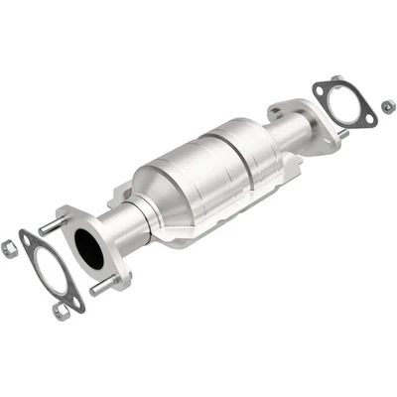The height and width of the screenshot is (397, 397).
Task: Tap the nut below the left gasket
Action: coord(63,311)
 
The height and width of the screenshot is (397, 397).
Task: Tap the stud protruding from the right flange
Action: coord(340,132)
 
